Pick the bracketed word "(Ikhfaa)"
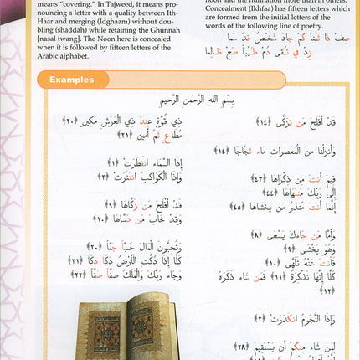point(274,3)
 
